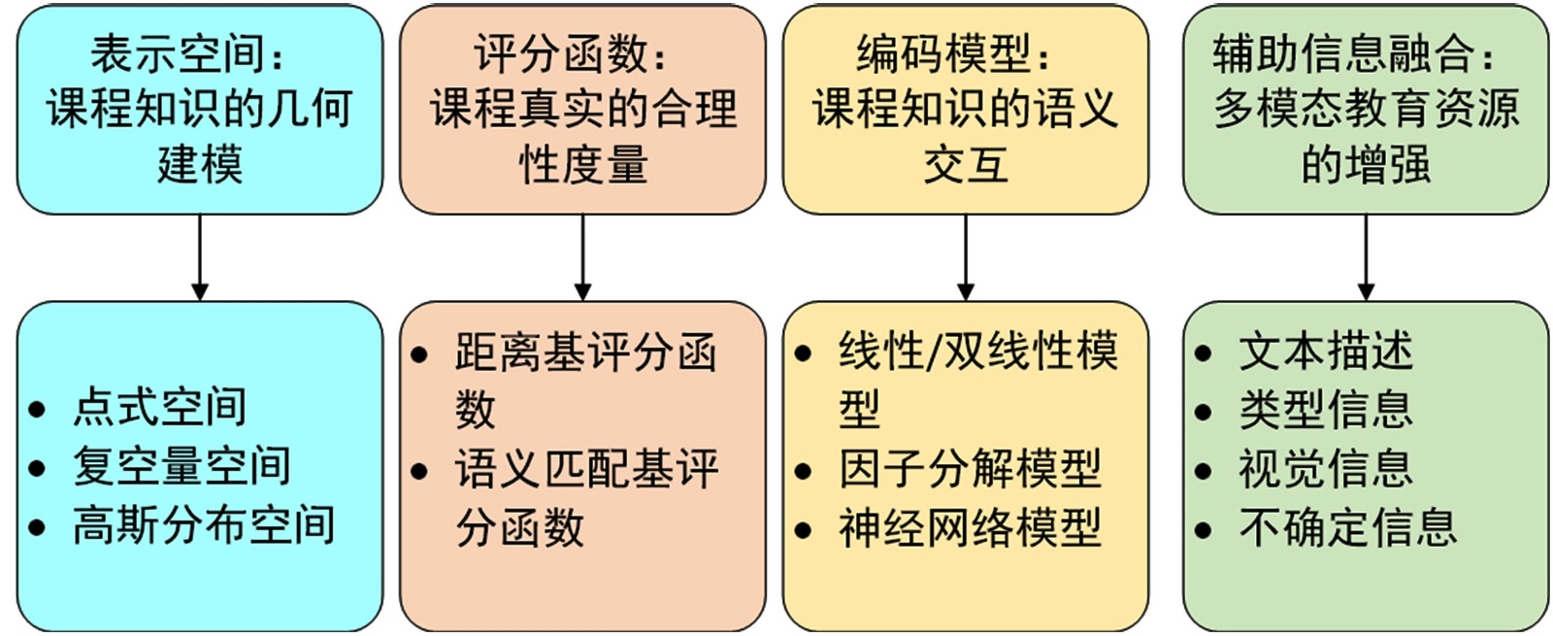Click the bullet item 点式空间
[x=159, y=407]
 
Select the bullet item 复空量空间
[x=182, y=466]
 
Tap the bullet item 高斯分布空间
[x=204, y=525]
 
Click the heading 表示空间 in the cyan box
[x=181, y=54]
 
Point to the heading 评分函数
[x=563, y=54]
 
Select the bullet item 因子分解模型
[x=970, y=469]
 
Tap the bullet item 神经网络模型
[x=970, y=528]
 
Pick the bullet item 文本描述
[x=1326, y=351]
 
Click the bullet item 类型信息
[x=1326, y=410]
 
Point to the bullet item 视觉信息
[x=1326, y=469]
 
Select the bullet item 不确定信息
[x=1348, y=528]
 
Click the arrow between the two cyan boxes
[x=200, y=257]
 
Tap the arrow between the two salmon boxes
[x=582, y=257]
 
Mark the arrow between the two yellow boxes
[x=966, y=257]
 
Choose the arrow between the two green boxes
[x=1366, y=257]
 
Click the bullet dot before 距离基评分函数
[x=419, y=354]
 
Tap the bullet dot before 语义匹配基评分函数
[x=419, y=473]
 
